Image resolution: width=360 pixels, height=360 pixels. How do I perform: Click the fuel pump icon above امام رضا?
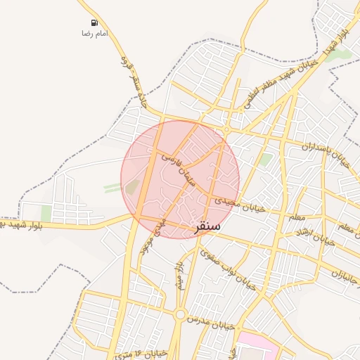pyautogui.click(x=85, y=23)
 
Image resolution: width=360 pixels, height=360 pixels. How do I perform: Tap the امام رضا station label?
pyautogui.click(x=95, y=34)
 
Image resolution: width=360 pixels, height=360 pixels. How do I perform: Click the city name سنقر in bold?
pyautogui.click(x=206, y=226)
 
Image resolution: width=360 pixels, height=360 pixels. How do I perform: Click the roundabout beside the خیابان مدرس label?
pyautogui.click(x=180, y=314)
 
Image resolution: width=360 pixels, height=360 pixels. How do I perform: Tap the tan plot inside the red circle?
pyautogui.click(x=132, y=186)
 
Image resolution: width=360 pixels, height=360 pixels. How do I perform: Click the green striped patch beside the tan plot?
pyautogui.click(x=112, y=187)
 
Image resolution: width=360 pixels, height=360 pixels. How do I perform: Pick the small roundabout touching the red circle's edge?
pyautogui.click(x=226, y=131)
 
